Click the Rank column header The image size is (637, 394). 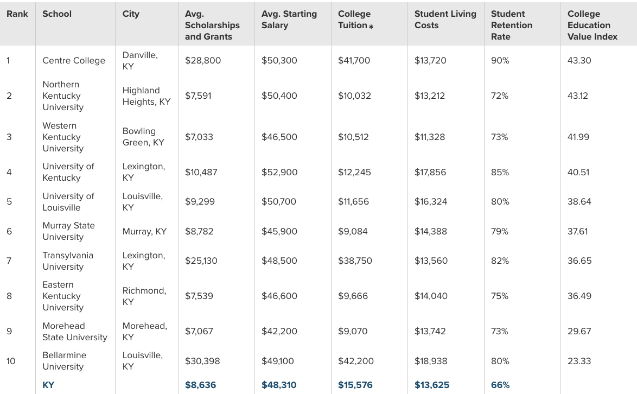click(17, 14)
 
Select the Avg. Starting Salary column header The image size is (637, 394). click(289, 20)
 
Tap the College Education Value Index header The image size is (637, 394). click(593, 25)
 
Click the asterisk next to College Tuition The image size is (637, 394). click(371, 26)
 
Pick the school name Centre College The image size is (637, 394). click(74, 61)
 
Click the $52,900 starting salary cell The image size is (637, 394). click(279, 173)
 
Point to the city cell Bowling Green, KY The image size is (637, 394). click(143, 137)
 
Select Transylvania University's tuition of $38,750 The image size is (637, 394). click(355, 261)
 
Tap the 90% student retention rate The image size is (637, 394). click(500, 61)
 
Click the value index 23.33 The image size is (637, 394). click(579, 361)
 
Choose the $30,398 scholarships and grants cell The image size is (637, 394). click(203, 361)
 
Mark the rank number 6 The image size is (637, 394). click(9, 232)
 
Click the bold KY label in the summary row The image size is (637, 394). click(48, 385)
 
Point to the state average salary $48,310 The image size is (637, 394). click(279, 385)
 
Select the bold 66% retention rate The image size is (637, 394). click(500, 385)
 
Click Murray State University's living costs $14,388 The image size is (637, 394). click(431, 232)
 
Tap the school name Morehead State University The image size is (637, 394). click(75, 332)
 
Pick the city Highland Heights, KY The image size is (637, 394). click(146, 96)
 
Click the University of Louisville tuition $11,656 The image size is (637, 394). click(353, 202)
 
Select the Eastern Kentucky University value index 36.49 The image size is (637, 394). click(579, 296)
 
